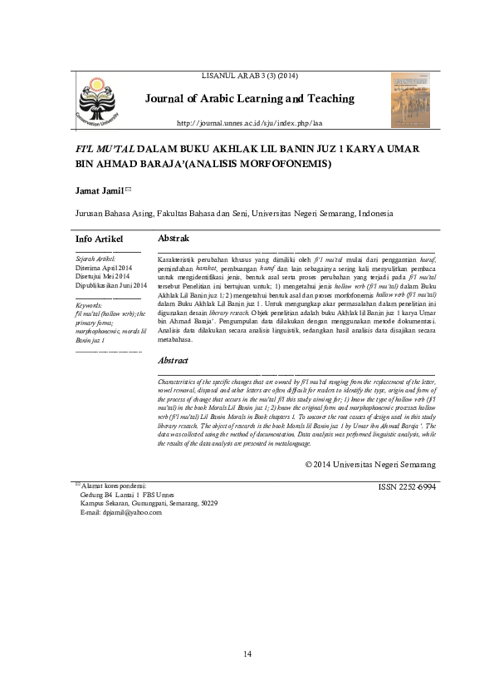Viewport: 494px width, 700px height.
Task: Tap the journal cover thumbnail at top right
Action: coord(410,100)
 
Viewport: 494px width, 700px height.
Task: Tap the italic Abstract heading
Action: coord(173,361)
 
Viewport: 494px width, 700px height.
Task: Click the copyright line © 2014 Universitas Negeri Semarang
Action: coord(369,464)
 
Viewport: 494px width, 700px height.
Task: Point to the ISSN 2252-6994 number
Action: coord(406,485)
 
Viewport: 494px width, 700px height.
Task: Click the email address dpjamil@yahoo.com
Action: coord(120,513)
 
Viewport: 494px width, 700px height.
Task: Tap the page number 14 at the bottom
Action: coord(247,655)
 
